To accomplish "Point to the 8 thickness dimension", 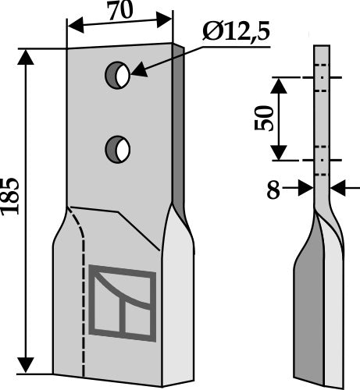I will [273, 190].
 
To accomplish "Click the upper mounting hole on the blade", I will [118, 74].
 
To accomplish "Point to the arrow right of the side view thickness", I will [337, 188].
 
